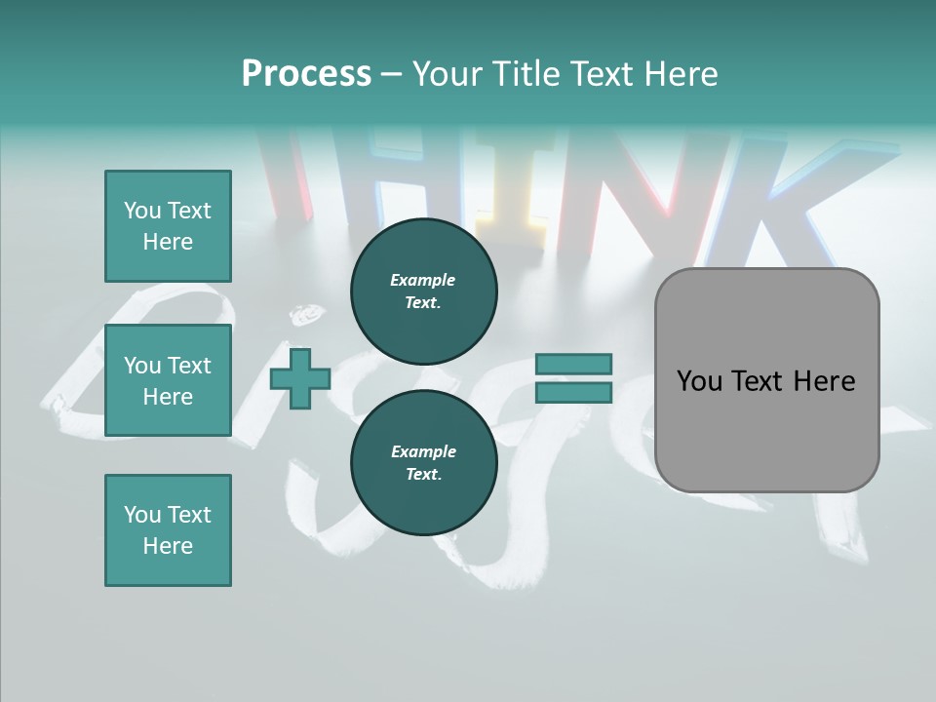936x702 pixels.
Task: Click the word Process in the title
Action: click(x=306, y=73)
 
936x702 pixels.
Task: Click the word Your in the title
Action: click(x=448, y=73)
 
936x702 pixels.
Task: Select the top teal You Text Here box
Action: click(x=168, y=226)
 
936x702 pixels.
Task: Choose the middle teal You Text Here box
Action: click(x=168, y=380)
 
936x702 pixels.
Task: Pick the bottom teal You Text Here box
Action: click(x=168, y=530)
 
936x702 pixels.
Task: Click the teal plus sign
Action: click(x=300, y=379)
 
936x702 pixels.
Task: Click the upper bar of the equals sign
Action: click(x=573, y=364)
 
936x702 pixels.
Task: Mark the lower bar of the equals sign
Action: click(x=573, y=393)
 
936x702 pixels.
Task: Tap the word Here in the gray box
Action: click(x=824, y=381)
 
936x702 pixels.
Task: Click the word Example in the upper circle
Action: click(x=422, y=280)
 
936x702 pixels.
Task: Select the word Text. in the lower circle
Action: click(x=422, y=474)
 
